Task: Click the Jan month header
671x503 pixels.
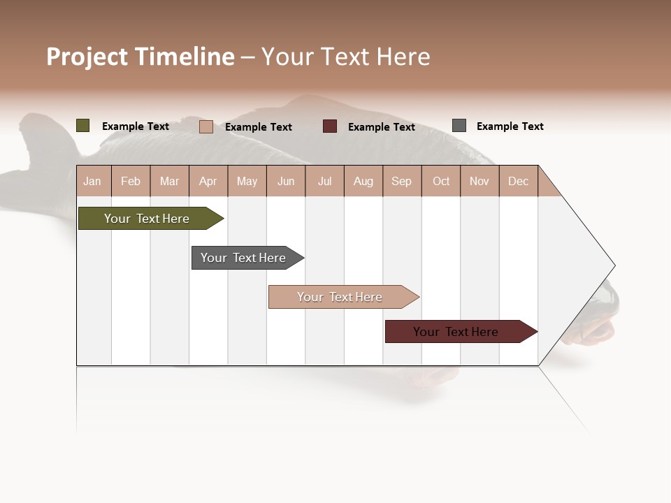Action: [92, 181]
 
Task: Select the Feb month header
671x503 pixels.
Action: [131, 181]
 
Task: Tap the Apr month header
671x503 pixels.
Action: [208, 181]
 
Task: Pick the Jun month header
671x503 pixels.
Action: [286, 181]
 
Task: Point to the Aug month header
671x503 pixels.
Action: [363, 181]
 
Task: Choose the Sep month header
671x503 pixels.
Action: [401, 181]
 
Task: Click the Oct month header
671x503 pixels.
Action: [441, 181]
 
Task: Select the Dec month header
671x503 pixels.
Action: [518, 181]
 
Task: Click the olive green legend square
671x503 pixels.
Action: [82, 126]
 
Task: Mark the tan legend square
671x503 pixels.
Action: [205, 126]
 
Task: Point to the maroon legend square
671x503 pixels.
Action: [330, 126]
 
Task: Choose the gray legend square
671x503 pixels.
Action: [459, 126]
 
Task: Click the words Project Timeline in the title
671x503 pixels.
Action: [140, 57]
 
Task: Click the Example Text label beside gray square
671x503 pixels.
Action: [510, 126]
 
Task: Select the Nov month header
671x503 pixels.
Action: [479, 181]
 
